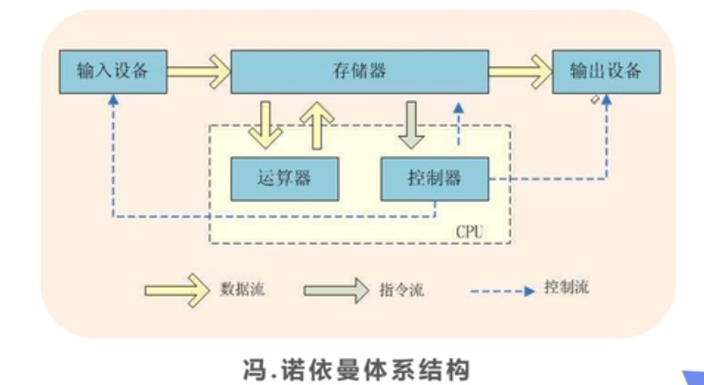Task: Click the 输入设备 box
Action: coord(112,71)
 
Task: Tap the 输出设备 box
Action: coord(605,71)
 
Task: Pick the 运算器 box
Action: coord(284,178)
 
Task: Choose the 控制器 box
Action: coord(434,178)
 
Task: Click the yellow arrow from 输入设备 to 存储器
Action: coord(198,71)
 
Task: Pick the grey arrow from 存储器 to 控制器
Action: coord(410,124)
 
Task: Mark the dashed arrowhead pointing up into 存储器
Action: coord(460,109)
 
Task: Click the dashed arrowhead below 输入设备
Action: coord(112,100)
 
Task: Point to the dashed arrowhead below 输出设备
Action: coord(608,100)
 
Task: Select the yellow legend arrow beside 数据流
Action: coord(178,289)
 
